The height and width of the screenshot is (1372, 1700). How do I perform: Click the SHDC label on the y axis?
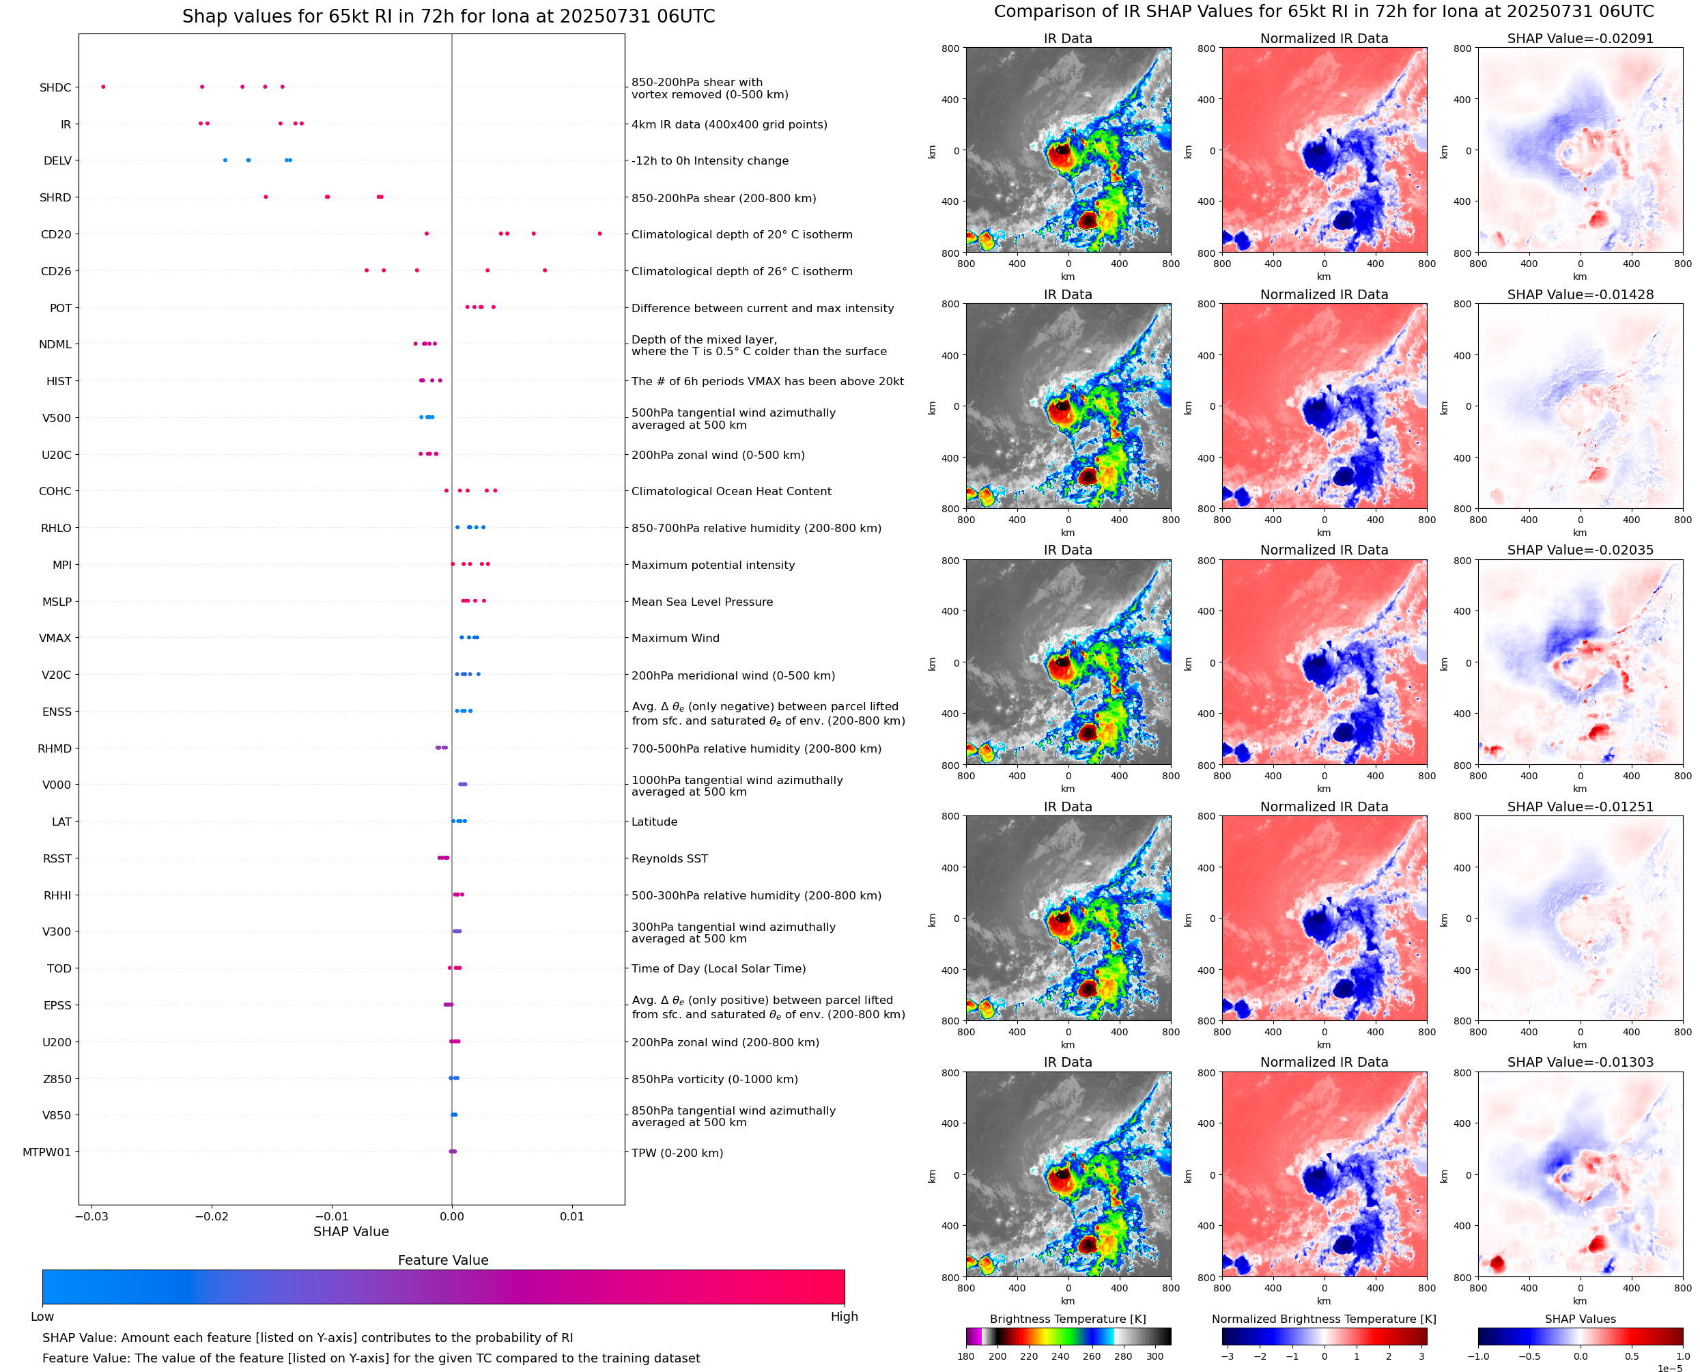pos(55,87)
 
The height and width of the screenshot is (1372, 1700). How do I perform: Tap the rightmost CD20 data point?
pos(599,234)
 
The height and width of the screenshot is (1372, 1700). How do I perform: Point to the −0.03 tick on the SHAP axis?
pos(91,1216)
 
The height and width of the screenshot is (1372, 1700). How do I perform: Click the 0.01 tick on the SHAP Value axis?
pos(572,1216)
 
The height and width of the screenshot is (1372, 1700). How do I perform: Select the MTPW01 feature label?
pos(46,1152)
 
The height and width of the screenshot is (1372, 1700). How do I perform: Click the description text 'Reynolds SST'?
pos(669,859)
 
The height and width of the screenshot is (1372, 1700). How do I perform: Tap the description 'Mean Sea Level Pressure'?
pos(701,602)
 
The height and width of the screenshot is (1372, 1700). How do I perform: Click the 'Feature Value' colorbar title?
pos(443,1261)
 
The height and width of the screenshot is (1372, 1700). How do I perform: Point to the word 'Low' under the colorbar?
pos(42,1317)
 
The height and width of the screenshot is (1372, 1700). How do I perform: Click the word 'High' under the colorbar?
pos(844,1317)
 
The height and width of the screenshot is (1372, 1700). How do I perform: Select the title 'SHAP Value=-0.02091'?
pos(1580,39)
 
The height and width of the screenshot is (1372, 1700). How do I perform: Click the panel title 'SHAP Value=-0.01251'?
pos(1580,807)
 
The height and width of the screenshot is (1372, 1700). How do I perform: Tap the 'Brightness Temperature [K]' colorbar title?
pos(1067,1319)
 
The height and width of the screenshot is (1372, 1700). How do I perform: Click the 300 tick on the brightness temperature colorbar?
pos(1155,1356)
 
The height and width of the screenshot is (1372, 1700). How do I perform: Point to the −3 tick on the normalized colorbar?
pos(1228,1356)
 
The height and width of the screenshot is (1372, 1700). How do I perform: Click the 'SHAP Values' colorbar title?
pos(1580,1319)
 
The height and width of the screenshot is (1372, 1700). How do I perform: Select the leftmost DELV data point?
pos(225,160)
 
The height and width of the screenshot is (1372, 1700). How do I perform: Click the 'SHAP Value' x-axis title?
pos(351,1232)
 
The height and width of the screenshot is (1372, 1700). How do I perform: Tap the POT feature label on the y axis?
pos(61,308)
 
